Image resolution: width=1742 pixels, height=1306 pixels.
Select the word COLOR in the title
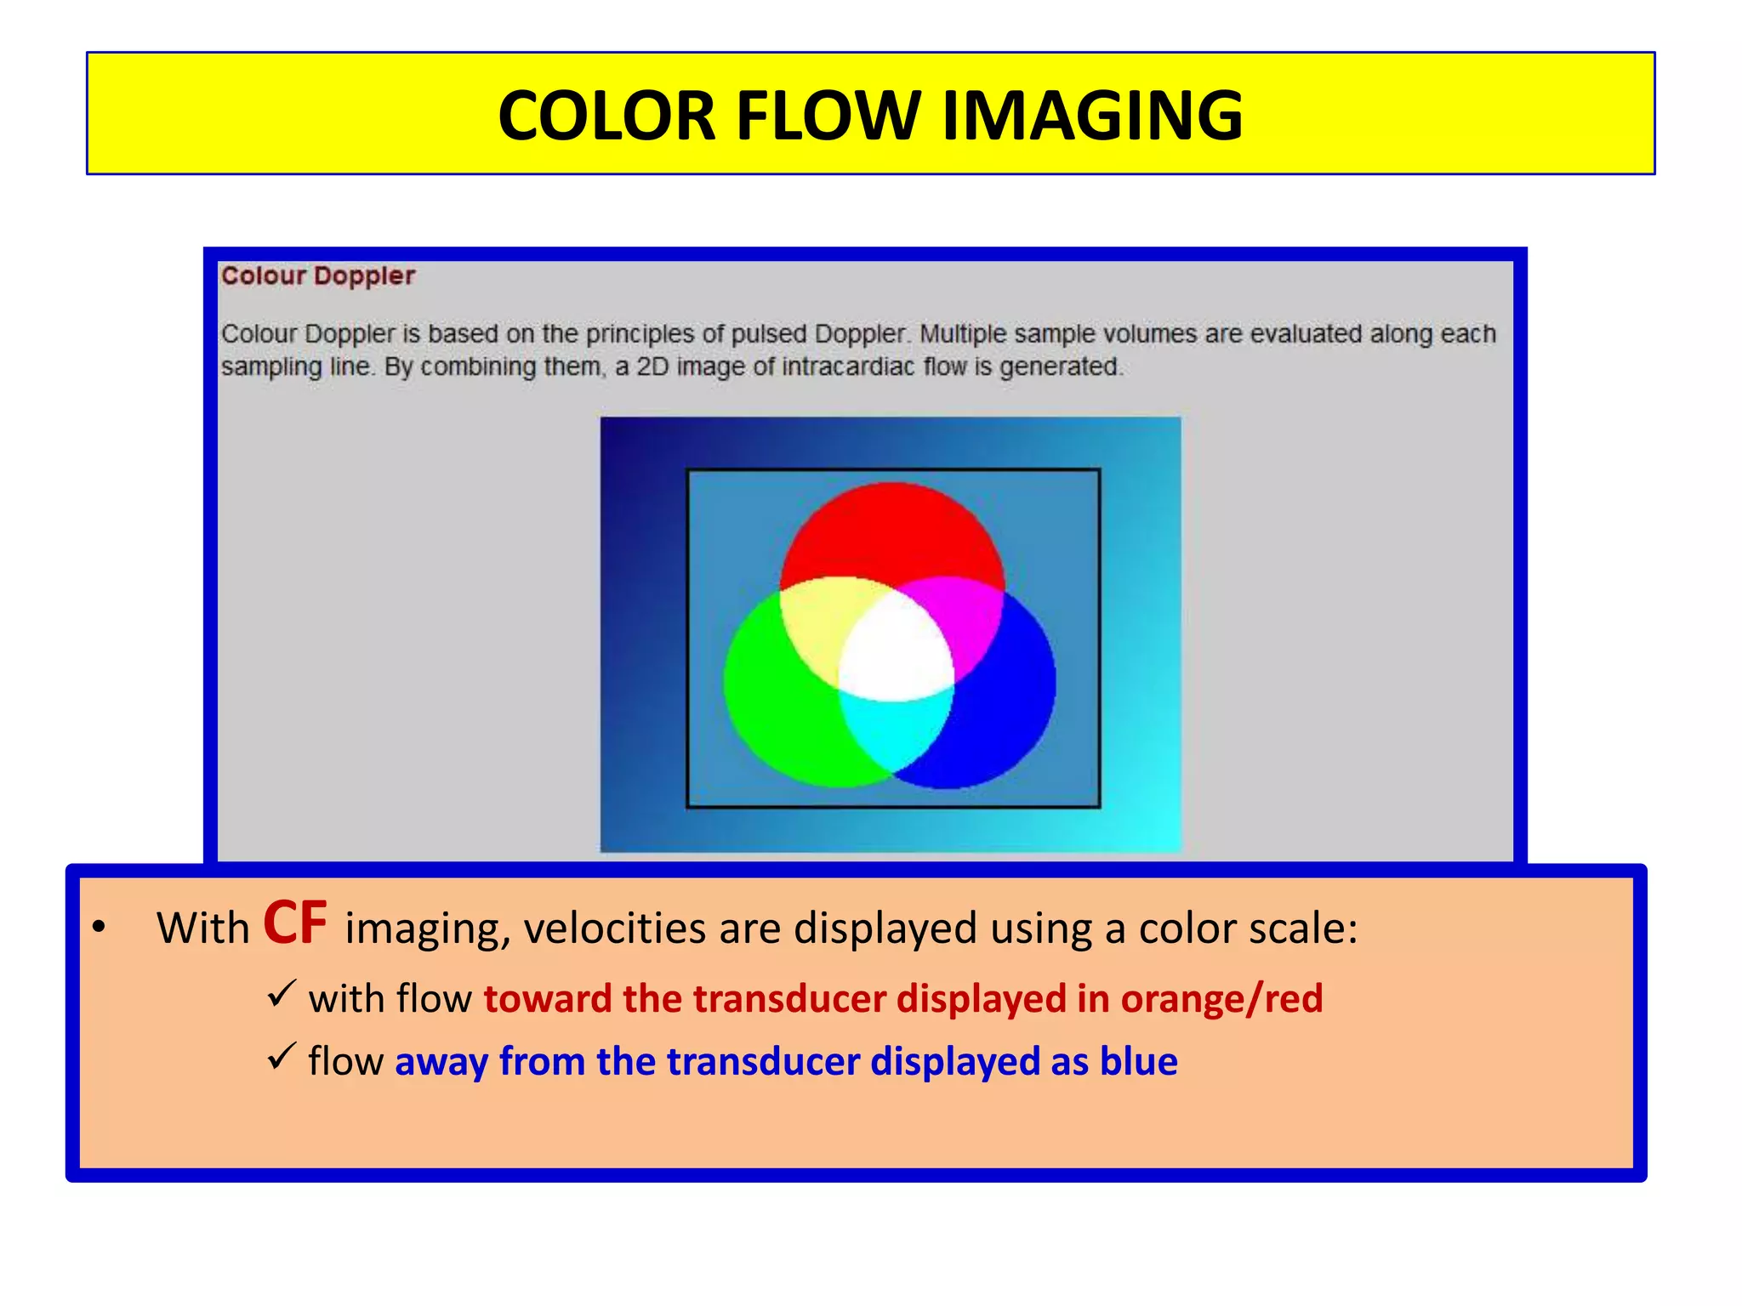pos(607,116)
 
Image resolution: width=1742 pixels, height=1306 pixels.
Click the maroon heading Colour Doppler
pos(318,276)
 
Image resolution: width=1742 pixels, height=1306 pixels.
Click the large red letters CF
pos(295,923)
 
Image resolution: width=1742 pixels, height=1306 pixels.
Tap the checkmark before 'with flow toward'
pos(281,993)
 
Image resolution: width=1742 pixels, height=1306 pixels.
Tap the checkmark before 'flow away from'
pos(281,1056)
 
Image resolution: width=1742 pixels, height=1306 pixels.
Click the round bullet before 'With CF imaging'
pos(100,928)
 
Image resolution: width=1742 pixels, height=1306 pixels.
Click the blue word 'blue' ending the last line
pos(1138,1061)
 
